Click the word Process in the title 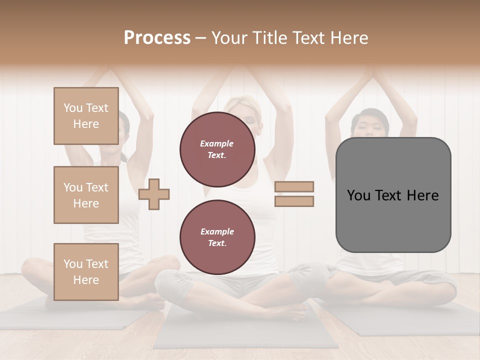pyautogui.click(x=157, y=38)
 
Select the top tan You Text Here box pyautogui.click(x=86, y=116)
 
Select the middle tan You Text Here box pyautogui.click(x=86, y=195)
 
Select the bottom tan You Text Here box pyautogui.click(x=86, y=271)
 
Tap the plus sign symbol pyautogui.click(x=154, y=194)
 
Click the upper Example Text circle pyautogui.click(x=217, y=149)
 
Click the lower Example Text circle pyautogui.click(x=217, y=237)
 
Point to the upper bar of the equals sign pyautogui.click(x=294, y=186)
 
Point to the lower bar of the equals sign pyautogui.click(x=294, y=201)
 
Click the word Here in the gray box pyautogui.click(x=422, y=195)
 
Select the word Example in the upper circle pyautogui.click(x=217, y=143)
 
